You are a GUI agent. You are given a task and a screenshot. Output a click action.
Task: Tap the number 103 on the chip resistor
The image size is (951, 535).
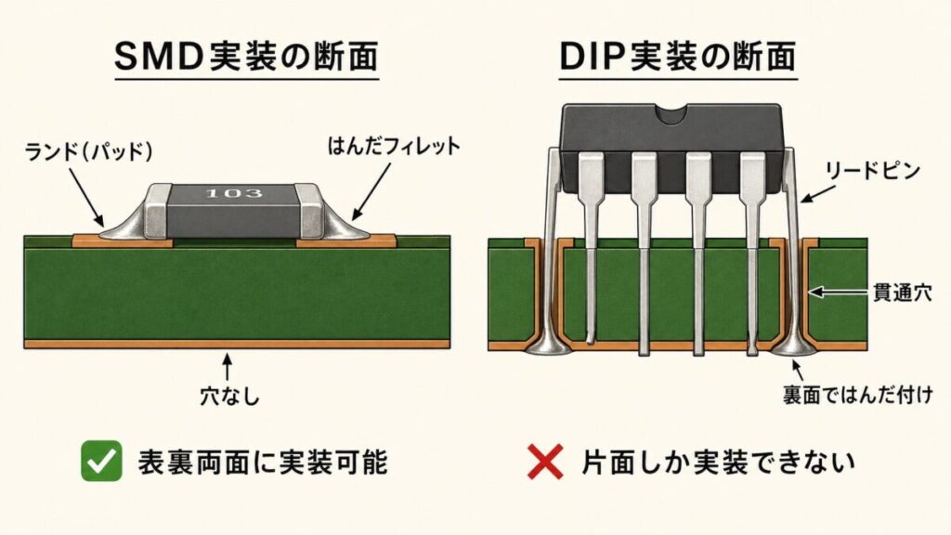click(234, 194)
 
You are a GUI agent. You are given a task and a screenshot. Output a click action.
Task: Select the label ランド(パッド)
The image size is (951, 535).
click(89, 149)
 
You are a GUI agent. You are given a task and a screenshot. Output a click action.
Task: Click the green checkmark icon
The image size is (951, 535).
click(101, 462)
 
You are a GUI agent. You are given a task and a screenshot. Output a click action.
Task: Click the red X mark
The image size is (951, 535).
click(547, 462)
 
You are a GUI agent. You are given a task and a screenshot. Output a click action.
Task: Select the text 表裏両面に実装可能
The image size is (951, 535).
click(262, 462)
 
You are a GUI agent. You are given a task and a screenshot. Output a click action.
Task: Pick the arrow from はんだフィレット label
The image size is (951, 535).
click(367, 190)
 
